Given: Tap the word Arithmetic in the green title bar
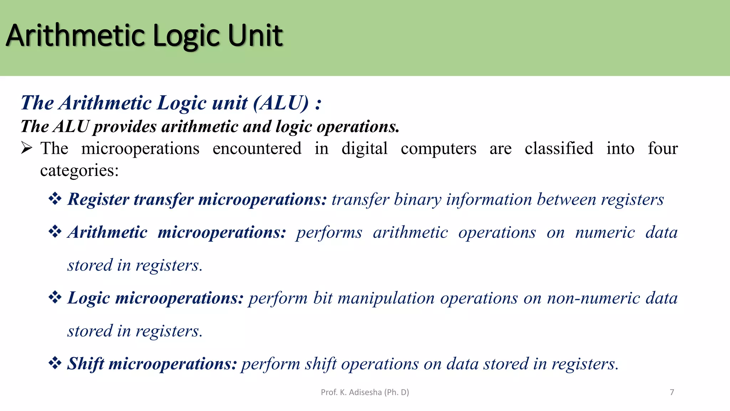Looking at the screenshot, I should coord(75,35).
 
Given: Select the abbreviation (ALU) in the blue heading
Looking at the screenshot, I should coord(281,103).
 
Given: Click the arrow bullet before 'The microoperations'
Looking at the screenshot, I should coord(27,148).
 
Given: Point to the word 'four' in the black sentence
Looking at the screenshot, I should coord(663,148).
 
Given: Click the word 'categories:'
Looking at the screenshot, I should coord(79,171).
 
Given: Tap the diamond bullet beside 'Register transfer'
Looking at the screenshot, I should coord(55,199).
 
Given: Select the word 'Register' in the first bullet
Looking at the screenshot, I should coord(98,199).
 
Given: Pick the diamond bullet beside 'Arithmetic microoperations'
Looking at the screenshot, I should coord(55,232).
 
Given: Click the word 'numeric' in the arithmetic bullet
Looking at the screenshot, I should coord(605,233).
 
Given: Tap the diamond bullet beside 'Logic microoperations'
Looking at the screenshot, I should coord(55,297).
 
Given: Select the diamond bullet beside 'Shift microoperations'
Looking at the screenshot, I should coord(55,363).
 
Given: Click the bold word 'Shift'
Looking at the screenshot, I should coord(86,364).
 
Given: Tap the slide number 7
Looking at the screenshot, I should coord(672,392).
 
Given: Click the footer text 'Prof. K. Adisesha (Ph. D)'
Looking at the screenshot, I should coord(365,392).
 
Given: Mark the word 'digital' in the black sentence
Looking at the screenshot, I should coord(364,148).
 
